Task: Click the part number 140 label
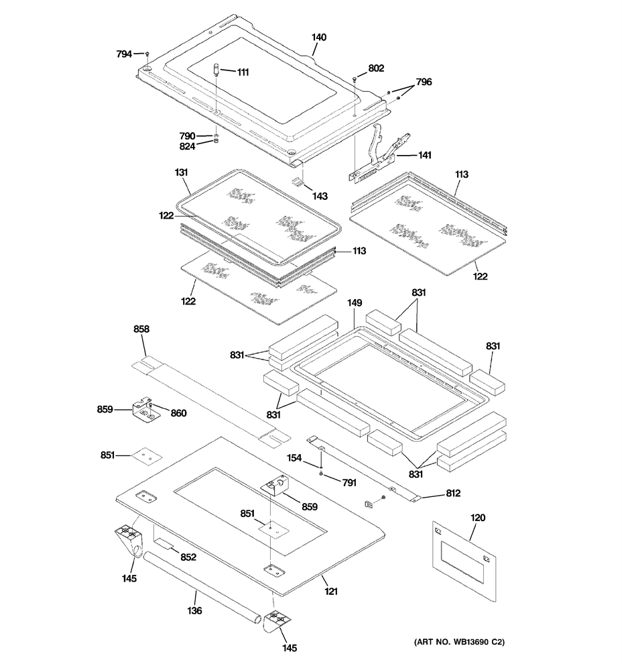[x=319, y=38]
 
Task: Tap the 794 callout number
[x=124, y=54]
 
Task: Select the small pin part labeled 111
[x=216, y=70]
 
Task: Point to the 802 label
[x=376, y=68]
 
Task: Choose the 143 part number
[x=320, y=196]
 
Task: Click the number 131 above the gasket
[x=181, y=172]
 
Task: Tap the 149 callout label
[x=355, y=302]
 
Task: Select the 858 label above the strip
[x=141, y=329]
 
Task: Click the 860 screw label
[x=178, y=413]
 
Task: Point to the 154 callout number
[x=294, y=458]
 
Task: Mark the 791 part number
[x=349, y=482]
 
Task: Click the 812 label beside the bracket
[x=452, y=494]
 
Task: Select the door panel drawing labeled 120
[x=464, y=561]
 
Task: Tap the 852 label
[x=188, y=557]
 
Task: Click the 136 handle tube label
[x=194, y=610]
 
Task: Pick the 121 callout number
[x=331, y=591]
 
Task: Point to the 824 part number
[x=187, y=146]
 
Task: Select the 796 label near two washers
[x=424, y=82]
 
